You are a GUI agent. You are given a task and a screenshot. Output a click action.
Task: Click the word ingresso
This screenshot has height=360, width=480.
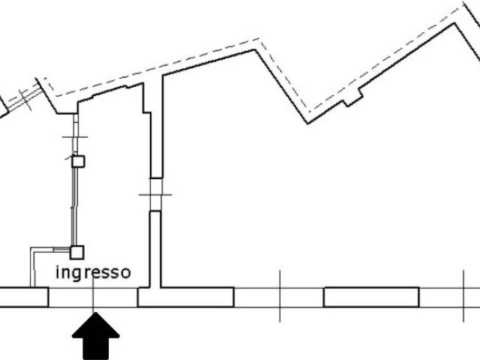pos(93,272)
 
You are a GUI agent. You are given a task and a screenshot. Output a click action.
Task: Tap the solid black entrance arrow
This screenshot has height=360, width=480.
pos(96,336)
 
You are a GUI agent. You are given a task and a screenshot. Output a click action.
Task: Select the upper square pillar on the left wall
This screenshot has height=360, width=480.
pos(78,161)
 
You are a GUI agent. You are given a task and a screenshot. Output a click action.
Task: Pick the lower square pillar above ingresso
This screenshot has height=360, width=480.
pos(76,253)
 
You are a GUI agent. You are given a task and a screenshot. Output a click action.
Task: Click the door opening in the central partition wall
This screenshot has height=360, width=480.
pos(156,195)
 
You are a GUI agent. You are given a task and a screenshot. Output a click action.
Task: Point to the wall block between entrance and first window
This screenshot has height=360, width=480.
pos(186,297)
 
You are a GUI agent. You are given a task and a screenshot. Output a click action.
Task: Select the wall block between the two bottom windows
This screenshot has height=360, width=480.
pos(371,297)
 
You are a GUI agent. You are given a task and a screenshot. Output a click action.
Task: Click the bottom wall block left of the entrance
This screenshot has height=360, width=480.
pos(24,297)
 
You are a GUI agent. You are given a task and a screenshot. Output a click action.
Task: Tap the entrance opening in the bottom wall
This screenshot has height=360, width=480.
pos(93,297)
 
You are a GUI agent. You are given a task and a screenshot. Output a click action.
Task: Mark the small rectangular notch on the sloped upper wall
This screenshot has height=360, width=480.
pos(353,97)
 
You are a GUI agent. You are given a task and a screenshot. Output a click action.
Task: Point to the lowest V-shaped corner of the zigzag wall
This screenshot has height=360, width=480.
pos(308,123)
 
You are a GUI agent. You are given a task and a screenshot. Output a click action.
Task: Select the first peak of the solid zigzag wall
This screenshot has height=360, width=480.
pos(255,50)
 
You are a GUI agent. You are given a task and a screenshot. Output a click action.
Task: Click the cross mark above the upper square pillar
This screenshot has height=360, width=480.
pos(75,136)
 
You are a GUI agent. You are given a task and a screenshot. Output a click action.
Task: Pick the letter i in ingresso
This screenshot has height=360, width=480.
pos(58,272)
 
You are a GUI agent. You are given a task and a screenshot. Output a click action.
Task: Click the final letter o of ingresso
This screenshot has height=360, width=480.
pos(126,273)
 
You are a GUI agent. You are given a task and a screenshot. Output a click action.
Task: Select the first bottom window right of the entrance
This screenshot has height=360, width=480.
pos(279,297)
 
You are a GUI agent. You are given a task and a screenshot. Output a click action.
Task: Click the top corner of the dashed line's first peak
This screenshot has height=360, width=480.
pos(259,38)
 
